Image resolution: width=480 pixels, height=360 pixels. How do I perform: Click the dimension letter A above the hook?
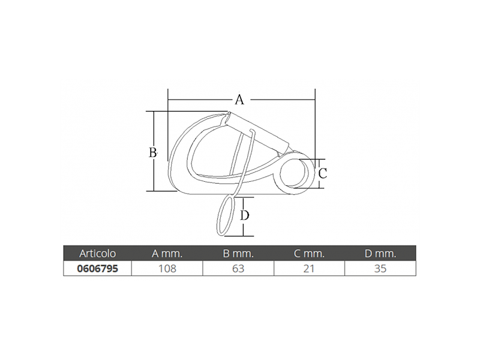pyautogui.click(x=239, y=100)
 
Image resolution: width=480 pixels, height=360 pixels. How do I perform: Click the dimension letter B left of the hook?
pyautogui.click(x=153, y=152)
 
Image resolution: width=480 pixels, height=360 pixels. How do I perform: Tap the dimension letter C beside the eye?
pyautogui.click(x=323, y=173)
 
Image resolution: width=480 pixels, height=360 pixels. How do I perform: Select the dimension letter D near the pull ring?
pyautogui.click(x=244, y=215)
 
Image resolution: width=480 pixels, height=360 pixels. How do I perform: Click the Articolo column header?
pyautogui.click(x=97, y=253)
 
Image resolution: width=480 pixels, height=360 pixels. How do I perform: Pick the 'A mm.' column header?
pyautogui.click(x=167, y=253)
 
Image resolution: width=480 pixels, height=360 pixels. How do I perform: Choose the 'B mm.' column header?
pyautogui.click(x=238, y=253)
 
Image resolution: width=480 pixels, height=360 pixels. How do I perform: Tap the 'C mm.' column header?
pyautogui.click(x=309, y=253)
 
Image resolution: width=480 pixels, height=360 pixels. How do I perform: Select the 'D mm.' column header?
pyautogui.click(x=380, y=253)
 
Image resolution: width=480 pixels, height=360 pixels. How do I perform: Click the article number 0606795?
pyautogui.click(x=97, y=268)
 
